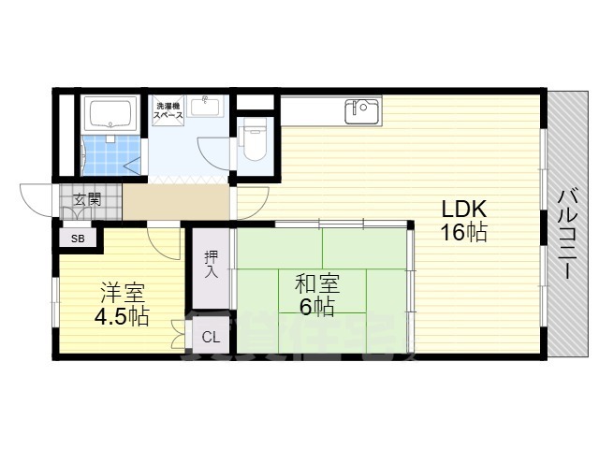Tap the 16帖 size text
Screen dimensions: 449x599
(x=463, y=232)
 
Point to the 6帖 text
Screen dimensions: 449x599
(x=317, y=306)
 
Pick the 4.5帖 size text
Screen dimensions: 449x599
(x=121, y=316)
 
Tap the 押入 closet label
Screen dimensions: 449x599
(x=211, y=264)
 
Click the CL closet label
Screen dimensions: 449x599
(x=211, y=337)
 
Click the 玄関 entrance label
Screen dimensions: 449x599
(x=88, y=198)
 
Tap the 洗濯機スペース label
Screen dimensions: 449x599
(x=168, y=111)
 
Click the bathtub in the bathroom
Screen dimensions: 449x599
(x=110, y=115)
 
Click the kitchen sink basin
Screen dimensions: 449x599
(x=360, y=112)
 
